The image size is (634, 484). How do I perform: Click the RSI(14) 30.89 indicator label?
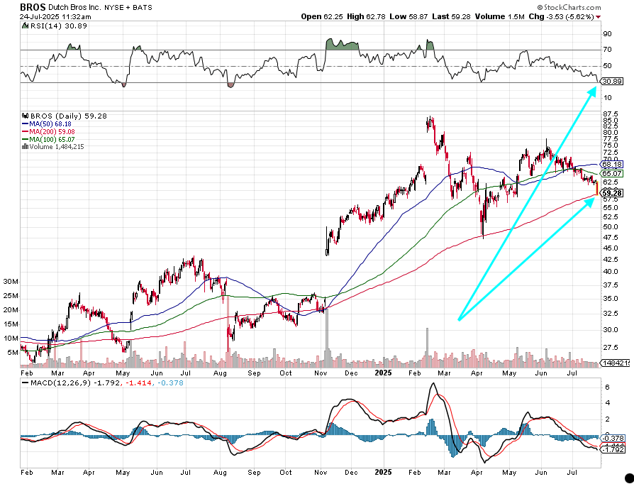click(53, 26)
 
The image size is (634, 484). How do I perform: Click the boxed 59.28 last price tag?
click(611, 192)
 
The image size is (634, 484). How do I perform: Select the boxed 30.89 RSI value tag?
click(611, 82)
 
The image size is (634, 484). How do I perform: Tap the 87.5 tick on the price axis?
click(611, 114)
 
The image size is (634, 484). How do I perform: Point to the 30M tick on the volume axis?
click(11, 282)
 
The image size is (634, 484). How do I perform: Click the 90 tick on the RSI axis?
click(607, 33)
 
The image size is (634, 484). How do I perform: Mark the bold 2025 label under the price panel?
click(384, 372)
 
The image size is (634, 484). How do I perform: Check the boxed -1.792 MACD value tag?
click(611, 450)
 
